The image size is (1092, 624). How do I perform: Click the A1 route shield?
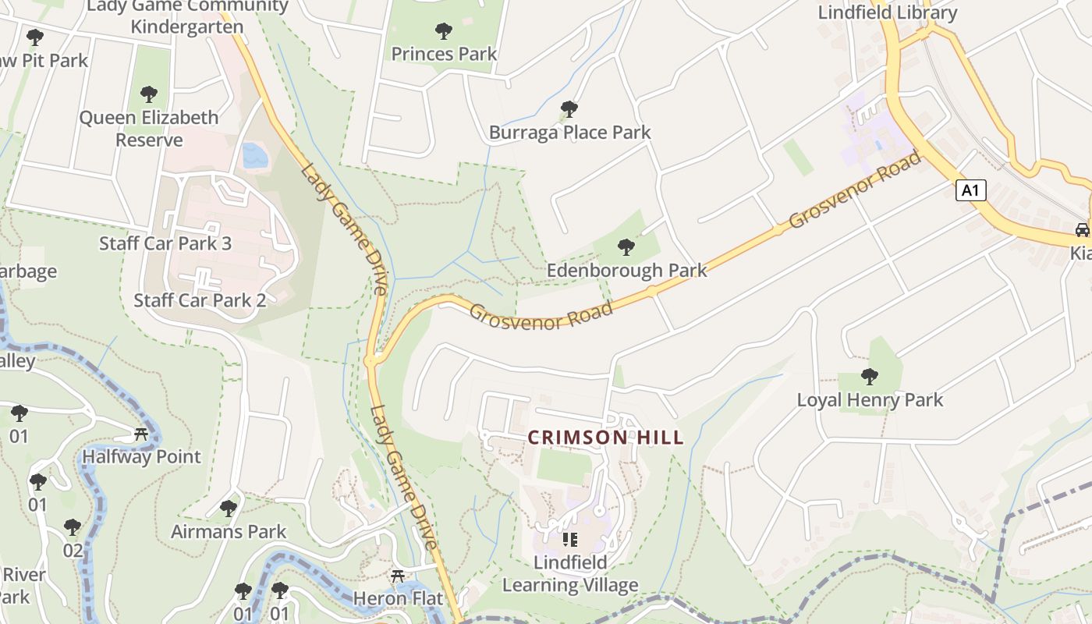pos(970,190)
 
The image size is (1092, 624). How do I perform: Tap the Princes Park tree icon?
pos(444,31)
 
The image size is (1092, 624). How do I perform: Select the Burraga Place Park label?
pos(569,132)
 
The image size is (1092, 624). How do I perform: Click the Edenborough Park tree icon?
pos(626,247)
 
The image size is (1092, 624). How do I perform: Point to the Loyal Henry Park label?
pos(870,400)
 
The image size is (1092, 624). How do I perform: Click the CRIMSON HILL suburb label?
pos(605,438)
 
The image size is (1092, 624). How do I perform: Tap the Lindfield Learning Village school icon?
pos(570,539)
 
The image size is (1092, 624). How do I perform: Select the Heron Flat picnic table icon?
pos(398,576)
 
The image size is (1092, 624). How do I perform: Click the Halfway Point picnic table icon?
pos(141,434)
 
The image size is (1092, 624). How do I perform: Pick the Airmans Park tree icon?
pos(229,509)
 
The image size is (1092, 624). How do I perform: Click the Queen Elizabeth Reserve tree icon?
pos(149,94)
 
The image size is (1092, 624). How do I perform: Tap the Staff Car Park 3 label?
pos(165,243)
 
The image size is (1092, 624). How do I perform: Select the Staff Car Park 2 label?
pos(200,300)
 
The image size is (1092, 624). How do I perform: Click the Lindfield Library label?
pos(887,12)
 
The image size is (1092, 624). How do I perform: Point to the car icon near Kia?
pos(1082,229)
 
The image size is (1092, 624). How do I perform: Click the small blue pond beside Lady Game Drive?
pos(255,156)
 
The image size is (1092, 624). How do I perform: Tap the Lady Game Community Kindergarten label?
pos(187,16)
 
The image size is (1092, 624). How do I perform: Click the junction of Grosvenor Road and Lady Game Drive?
pos(372,360)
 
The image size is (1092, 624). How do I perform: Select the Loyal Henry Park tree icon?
pos(870,377)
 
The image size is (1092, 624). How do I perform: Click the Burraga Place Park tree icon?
pos(569,108)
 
